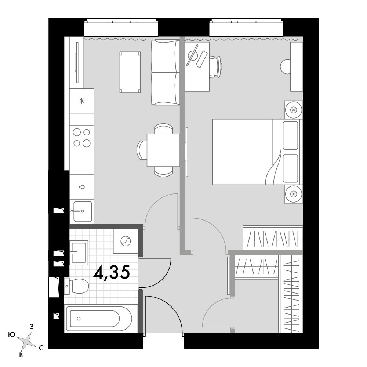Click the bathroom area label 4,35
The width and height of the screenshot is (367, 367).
[112, 273]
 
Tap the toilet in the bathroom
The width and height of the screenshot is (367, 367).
[77, 286]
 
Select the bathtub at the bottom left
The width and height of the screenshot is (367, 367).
[99, 319]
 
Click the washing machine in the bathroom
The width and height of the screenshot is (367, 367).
[126, 241]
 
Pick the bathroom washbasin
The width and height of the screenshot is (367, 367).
[79, 253]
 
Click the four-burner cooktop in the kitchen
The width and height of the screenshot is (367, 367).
[82, 138]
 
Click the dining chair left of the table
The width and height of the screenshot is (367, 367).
[142, 150]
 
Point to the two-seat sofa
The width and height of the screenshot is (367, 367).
[166, 72]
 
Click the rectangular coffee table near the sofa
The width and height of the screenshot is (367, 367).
[130, 72]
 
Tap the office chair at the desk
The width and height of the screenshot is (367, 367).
[215, 66]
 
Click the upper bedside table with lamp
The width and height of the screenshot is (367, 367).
[294, 110]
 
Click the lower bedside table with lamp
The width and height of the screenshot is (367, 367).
[294, 194]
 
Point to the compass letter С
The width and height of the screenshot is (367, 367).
[41, 348]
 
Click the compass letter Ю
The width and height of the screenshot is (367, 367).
[11, 335]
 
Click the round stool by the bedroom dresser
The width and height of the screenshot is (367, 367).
[286, 66]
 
